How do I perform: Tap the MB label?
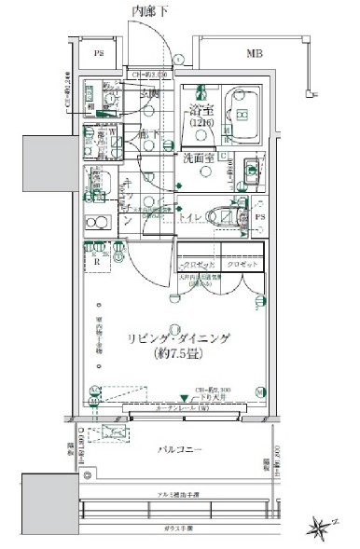(256, 54)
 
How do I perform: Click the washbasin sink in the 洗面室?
(251, 169)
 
